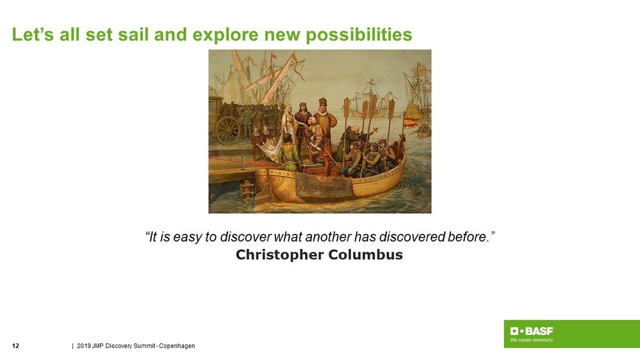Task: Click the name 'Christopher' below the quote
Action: [279, 255]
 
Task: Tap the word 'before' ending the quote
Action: [470, 237]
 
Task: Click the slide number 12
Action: [16, 347]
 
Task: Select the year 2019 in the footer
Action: [83, 347]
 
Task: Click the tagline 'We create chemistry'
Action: [531, 340]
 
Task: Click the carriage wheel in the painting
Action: [227, 130]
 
